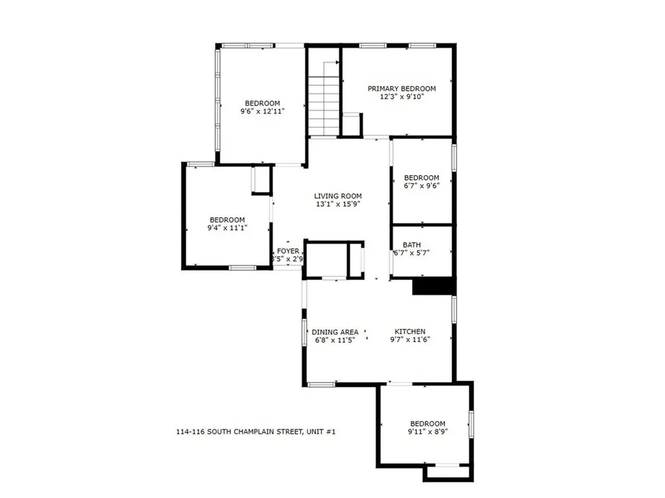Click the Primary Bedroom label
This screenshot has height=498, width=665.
401,89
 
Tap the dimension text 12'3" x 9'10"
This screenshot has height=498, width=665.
401,97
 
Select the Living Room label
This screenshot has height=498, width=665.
338,196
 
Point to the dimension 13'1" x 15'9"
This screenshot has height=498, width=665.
338,204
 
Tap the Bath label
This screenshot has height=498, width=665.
411,244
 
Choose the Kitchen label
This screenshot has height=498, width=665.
410,331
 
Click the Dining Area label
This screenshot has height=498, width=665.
334,332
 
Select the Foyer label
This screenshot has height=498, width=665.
288,251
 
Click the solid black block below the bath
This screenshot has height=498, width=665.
433,286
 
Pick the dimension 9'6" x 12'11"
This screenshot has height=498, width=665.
262,112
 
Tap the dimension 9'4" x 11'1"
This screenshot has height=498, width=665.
227,228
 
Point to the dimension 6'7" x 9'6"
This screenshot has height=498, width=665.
421,186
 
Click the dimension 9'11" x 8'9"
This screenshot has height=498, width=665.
427,432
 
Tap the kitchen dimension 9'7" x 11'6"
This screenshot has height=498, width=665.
410,340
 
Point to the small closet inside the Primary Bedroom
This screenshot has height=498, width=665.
351,124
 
